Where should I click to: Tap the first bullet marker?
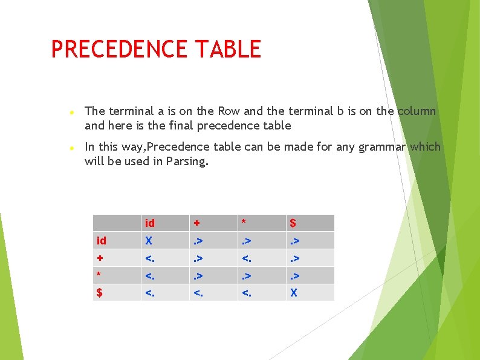coord(71,113)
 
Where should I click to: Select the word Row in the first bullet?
coord(229,111)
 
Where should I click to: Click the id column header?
coord(149,223)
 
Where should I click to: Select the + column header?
coord(196,223)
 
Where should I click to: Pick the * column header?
coord(244,223)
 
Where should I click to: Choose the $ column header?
coord(293,223)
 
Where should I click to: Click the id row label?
coord(102,241)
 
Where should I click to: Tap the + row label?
coord(100,258)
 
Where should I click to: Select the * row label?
coord(99,275)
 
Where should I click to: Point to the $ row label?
coord(100,293)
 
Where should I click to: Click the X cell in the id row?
coord(149,241)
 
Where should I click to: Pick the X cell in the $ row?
coord(294,293)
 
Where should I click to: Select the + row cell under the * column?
coord(246,258)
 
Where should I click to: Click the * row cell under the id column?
coord(149,276)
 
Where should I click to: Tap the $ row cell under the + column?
coord(198,293)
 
